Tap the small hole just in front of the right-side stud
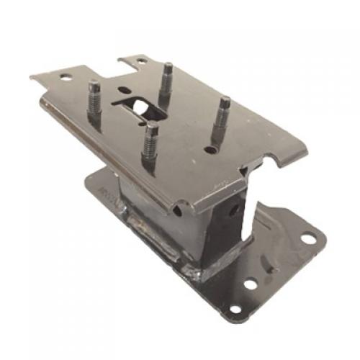click(210, 150)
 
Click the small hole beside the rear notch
click(141, 62)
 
